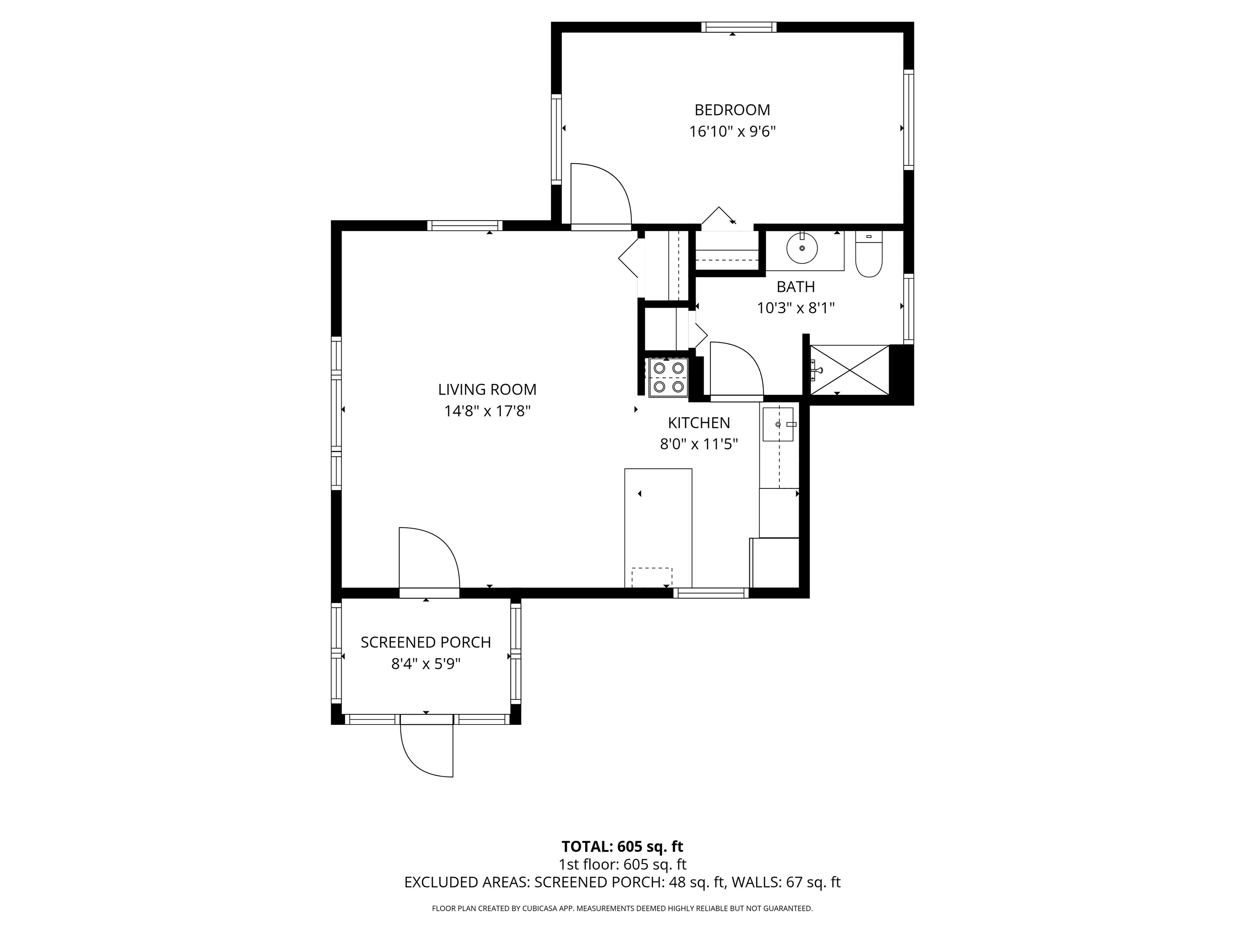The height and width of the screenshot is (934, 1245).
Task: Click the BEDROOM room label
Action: click(x=732, y=110)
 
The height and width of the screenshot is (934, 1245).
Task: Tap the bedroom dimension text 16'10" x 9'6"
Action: click(x=732, y=132)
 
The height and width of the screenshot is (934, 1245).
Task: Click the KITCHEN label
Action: click(x=699, y=423)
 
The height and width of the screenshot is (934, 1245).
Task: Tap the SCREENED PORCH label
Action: click(x=426, y=643)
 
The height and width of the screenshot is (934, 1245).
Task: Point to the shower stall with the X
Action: click(x=849, y=370)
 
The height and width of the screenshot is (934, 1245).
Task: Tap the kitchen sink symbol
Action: click(x=778, y=424)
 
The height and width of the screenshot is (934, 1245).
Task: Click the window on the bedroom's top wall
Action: click(x=739, y=27)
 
